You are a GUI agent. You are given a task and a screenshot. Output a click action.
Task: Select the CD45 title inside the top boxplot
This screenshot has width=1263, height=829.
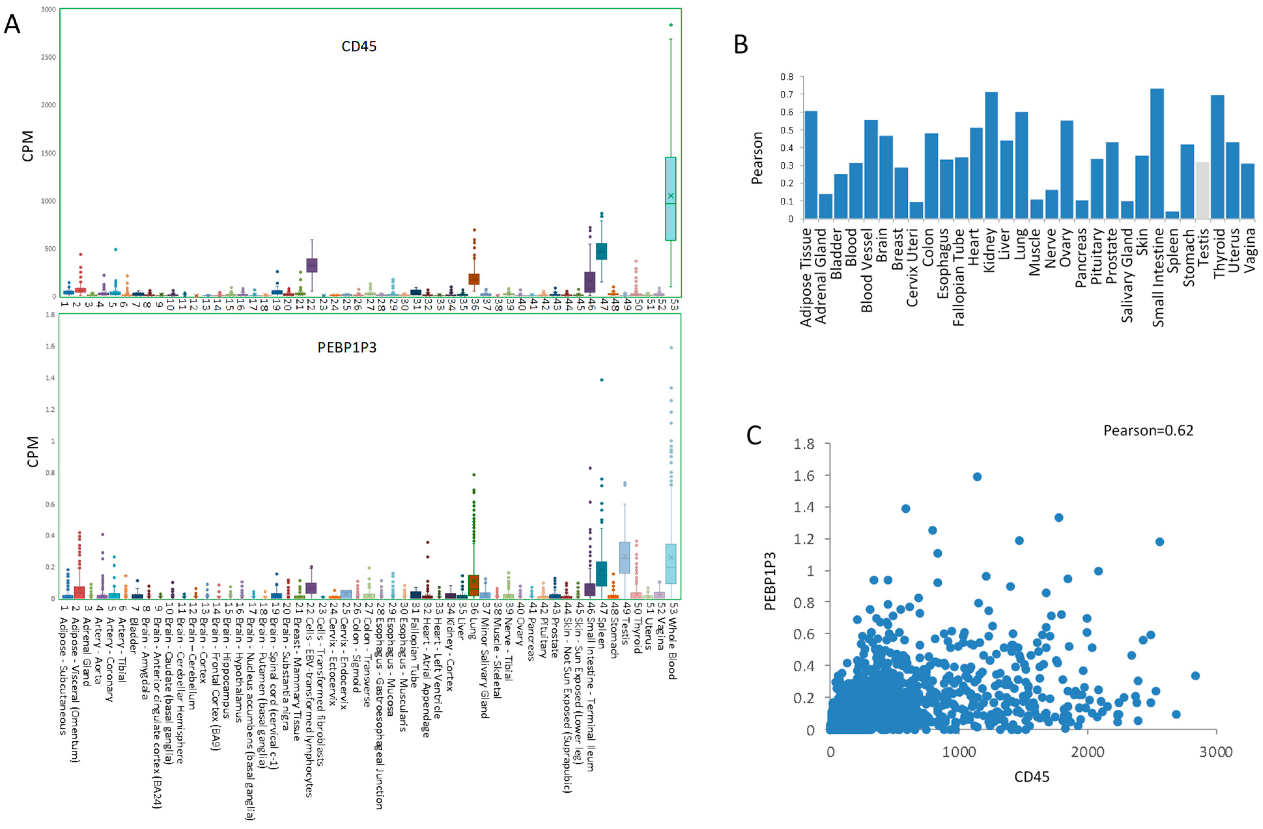click(359, 47)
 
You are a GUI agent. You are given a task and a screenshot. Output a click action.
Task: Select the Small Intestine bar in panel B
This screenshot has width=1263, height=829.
click(1158, 154)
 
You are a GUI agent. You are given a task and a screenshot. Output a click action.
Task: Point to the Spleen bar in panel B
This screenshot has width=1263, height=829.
click(1172, 215)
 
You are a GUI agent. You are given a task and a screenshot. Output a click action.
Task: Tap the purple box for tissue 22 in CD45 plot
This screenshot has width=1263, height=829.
click(312, 265)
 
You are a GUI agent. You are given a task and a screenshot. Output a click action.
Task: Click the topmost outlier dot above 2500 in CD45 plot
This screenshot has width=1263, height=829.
click(671, 25)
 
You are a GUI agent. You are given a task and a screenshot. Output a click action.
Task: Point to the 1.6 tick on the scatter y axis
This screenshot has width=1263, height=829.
click(804, 476)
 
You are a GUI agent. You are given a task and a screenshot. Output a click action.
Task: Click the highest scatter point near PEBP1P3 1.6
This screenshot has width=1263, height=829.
click(977, 477)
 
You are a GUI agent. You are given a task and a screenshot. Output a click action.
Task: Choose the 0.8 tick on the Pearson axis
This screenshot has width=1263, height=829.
click(786, 77)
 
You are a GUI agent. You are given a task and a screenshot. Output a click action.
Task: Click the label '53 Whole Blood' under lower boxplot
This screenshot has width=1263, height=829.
click(671, 642)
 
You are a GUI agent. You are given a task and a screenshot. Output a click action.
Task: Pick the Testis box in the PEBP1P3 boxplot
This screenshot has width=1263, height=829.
click(624, 558)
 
